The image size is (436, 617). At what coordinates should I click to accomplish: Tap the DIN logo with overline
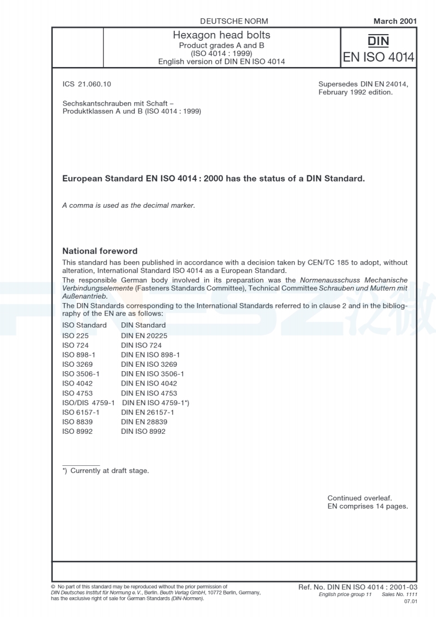coord(378,41)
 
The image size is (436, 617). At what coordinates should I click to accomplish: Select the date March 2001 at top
coord(394,21)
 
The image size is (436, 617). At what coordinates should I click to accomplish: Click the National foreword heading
coord(100,251)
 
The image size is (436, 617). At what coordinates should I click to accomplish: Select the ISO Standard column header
coord(85,325)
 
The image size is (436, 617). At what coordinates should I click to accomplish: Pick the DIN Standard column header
coord(143,325)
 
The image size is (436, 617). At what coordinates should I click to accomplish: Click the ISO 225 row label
coord(75,335)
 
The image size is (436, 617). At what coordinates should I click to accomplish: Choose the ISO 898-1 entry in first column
coord(79,355)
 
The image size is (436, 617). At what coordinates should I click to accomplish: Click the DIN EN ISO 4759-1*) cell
coord(156,403)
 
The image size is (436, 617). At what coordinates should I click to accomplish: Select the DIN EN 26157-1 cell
coord(147,412)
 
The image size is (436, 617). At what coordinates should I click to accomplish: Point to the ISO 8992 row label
coord(77,432)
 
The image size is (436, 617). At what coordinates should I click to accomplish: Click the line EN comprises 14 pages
coord(367,506)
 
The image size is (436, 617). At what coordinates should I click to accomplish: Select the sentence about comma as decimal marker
coord(129,206)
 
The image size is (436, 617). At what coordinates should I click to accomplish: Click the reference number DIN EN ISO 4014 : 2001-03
coord(357,588)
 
